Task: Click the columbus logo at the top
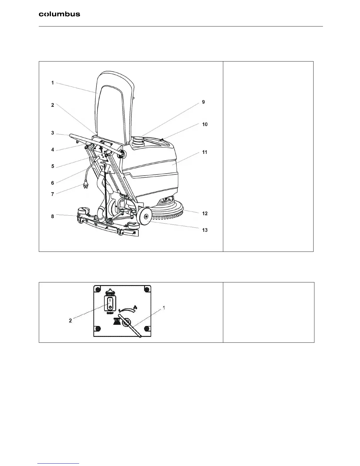(59, 14)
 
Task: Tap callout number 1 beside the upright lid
(53, 83)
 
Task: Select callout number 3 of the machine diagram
(53, 133)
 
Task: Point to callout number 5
(53, 166)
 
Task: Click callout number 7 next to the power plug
(53, 194)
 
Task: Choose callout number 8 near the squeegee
(53, 216)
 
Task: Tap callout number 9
(203, 102)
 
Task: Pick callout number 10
(205, 124)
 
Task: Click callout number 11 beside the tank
(205, 152)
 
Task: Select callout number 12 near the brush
(205, 213)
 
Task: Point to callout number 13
(205, 230)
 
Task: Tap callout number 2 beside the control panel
(70, 321)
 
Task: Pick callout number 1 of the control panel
(164, 307)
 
